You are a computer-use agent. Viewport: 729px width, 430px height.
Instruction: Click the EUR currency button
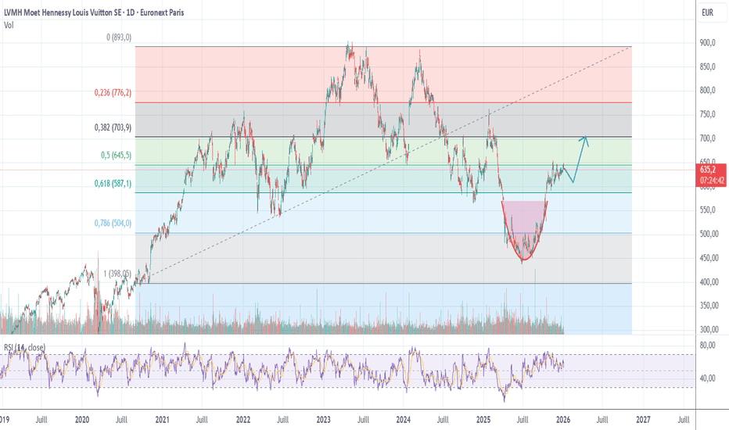[707, 13]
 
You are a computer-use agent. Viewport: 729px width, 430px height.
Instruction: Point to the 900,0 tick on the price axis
[707, 42]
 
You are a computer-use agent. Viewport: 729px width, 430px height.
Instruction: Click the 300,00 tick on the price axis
[707, 329]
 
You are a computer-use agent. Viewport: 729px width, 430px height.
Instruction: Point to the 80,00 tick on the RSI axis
[707, 346]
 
